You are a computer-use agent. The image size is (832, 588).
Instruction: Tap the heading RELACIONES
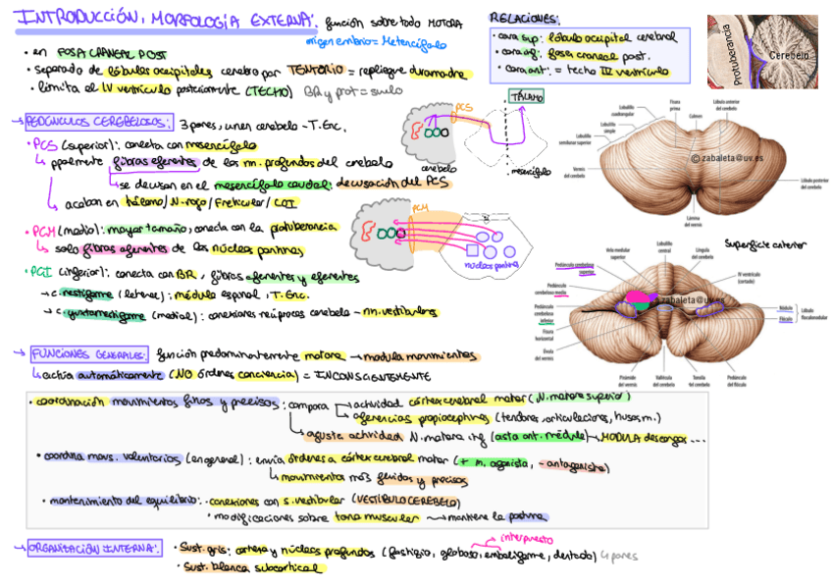[524, 19]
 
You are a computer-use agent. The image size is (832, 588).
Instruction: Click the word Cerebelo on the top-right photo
[789, 56]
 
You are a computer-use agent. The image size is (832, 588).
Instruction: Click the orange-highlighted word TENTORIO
[315, 71]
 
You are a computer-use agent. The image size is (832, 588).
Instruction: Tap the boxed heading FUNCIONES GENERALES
[89, 353]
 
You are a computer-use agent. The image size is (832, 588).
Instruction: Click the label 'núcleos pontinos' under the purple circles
[492, 264]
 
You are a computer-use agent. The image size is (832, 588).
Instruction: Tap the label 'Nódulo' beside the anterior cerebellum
[784, 307]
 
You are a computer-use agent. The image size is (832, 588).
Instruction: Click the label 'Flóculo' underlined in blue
[785, 319]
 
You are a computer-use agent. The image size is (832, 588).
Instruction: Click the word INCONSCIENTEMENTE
[373, 375]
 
